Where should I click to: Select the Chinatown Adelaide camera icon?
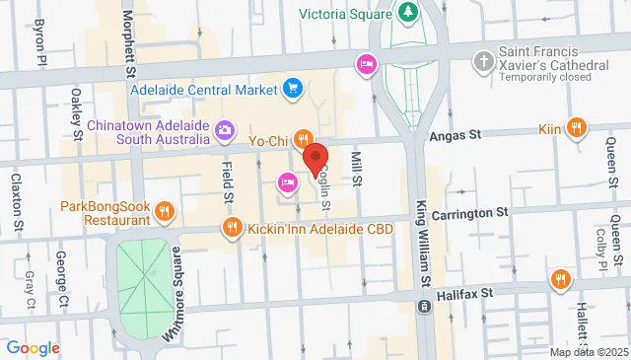tap(225, 130)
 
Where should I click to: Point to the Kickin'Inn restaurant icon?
tap(233, 229)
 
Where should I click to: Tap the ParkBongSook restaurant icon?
tap(166, 210)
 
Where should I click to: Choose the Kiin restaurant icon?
tap(578, 128)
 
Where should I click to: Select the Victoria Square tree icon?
tap(407, 13)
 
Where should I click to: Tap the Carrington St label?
tap(469, 212)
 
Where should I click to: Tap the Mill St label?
tap(358, 169)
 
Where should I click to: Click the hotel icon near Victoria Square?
tap(365, 65)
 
